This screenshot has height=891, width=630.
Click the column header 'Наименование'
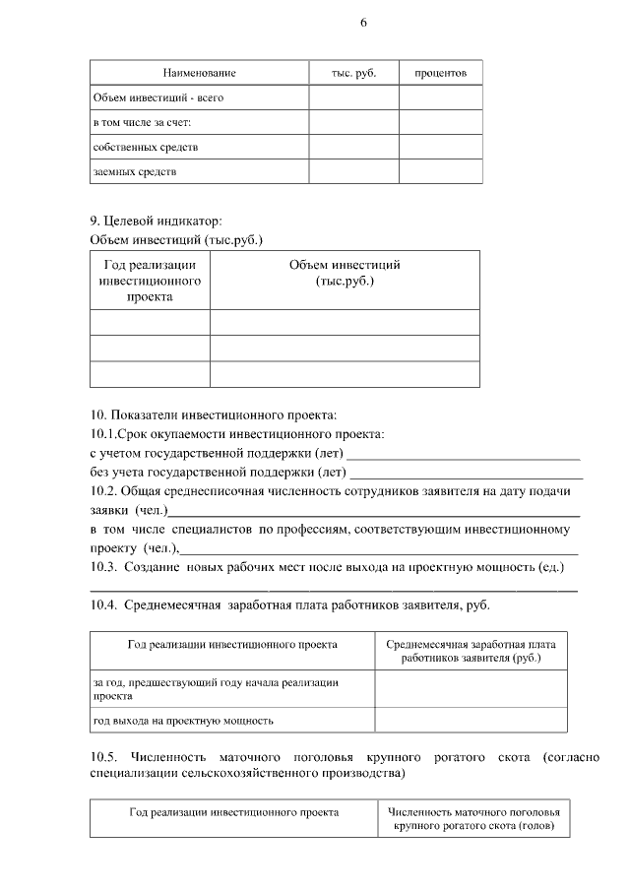click(x=199, y=73)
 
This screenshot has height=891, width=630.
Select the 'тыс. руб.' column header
click(x=355, y=73)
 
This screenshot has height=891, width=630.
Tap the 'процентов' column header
click(x=440, y=73)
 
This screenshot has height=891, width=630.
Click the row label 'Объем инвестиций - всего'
click(x=148, y=97)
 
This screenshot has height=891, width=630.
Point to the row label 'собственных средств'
click(x=145, y=147)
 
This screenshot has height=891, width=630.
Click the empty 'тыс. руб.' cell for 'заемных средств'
click(x=354, y=171)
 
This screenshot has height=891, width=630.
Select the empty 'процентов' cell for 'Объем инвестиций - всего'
click(x=440, y=97)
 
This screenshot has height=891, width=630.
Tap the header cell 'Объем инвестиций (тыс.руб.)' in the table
click(x=345, y=273)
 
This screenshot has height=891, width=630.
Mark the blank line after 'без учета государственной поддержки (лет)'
click(x=469, y=477)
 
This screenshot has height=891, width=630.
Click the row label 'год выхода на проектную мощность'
click(x=182, y=720)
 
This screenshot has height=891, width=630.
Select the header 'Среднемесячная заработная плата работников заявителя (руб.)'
click(x=471, y=650)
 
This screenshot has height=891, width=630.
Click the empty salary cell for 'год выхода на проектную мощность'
click(x=471, y=720)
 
